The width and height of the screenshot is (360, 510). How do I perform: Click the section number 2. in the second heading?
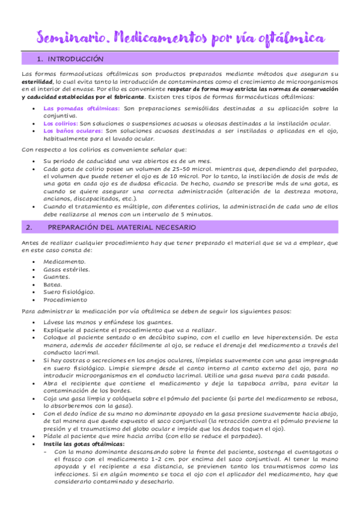click(x=30, y=227)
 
